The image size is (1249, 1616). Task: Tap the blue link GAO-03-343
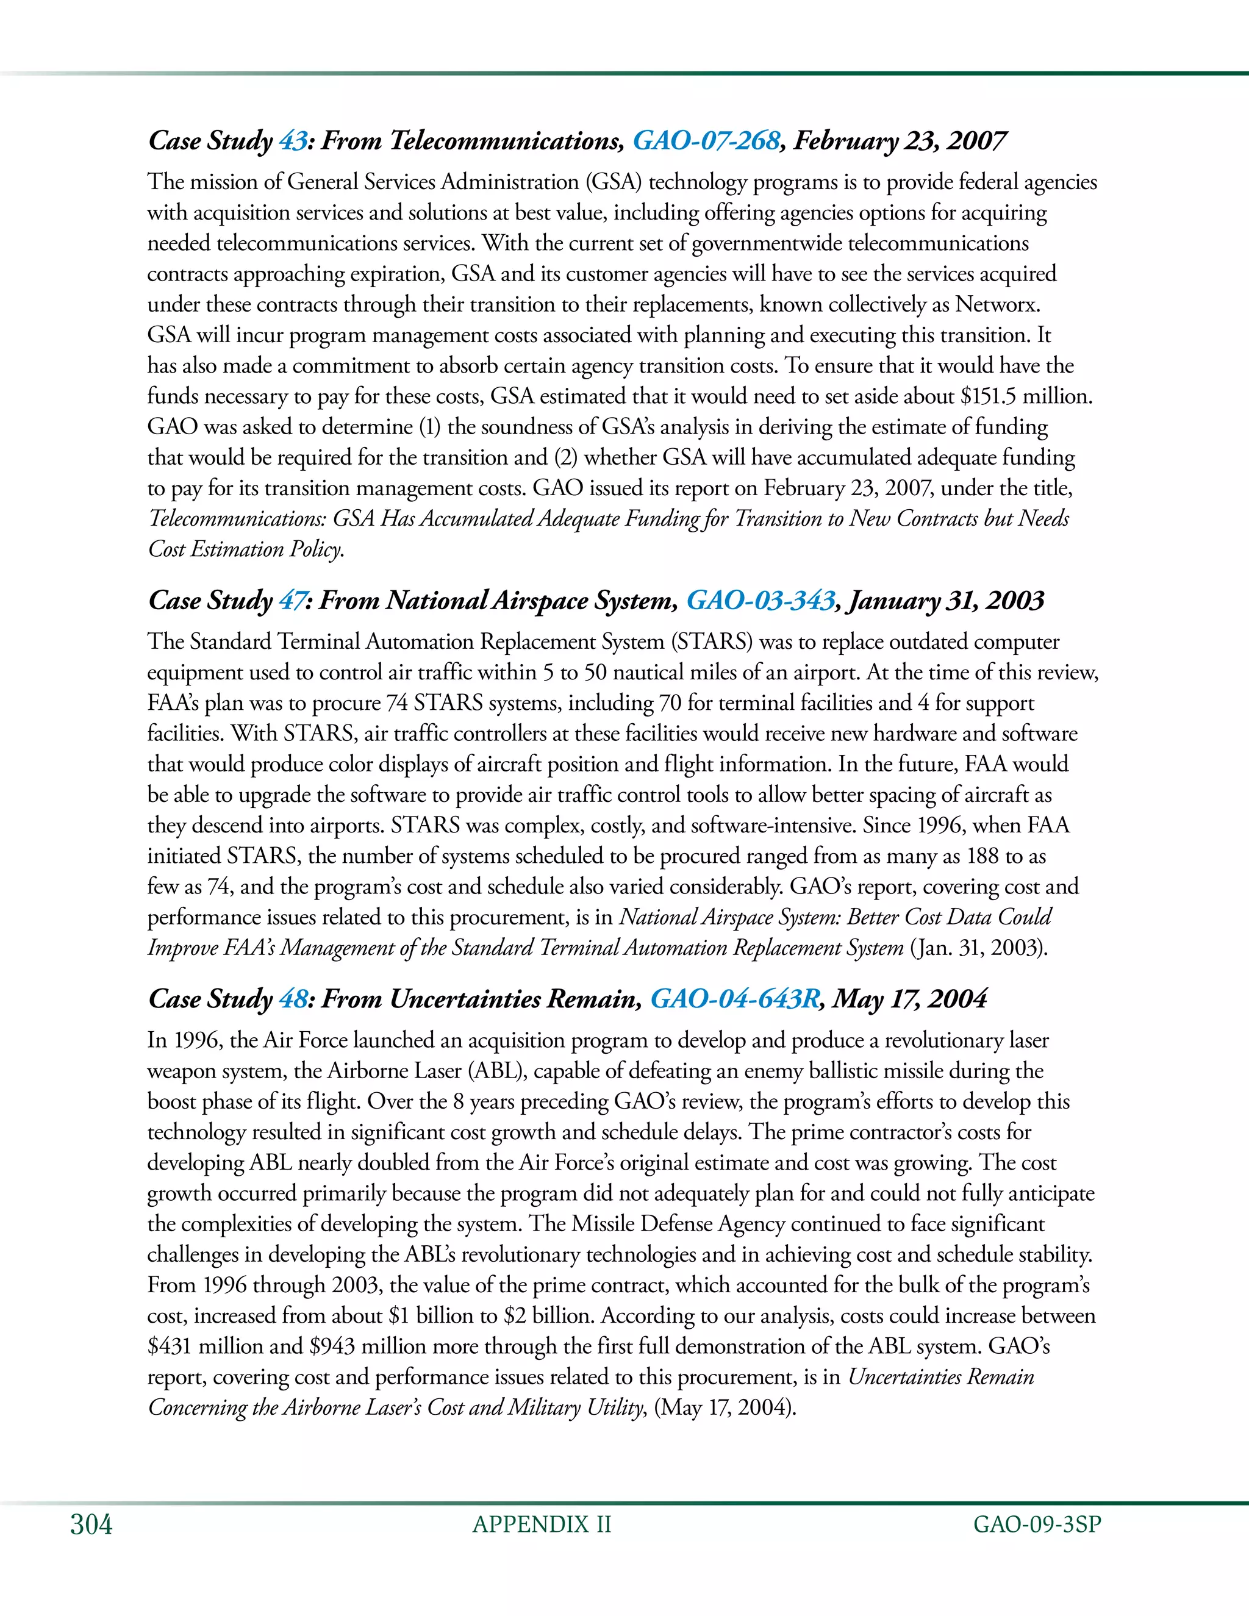760,600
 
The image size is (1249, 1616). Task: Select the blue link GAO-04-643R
734,999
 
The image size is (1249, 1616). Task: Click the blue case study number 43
292,141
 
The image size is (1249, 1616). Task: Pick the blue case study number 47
292,600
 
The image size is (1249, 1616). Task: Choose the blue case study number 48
293,999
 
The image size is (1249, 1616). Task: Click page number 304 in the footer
91,1525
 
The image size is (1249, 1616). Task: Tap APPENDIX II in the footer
542,1525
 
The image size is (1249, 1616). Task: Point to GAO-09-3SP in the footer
1037,1525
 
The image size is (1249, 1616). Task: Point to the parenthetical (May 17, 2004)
725,1407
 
